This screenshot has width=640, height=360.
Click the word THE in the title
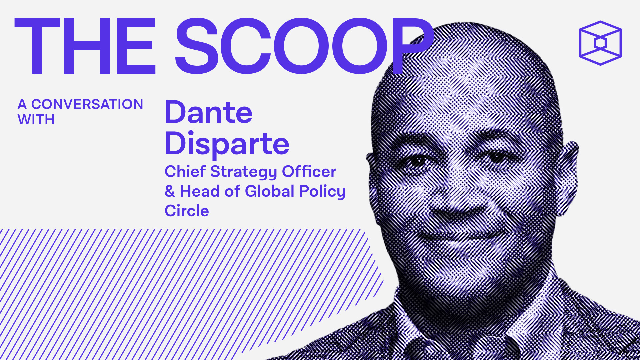click(85, 46)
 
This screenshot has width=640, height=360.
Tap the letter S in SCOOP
click(197, 46)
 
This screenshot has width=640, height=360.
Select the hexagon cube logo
click(600, 43)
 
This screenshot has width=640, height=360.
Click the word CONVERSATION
click(87, 104)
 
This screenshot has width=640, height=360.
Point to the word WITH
click(36, 120)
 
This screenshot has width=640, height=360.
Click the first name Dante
click(208, 112)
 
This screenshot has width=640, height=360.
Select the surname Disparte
click(227, 144)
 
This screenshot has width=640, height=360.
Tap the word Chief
click(185, 172)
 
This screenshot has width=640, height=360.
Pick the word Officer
click(309, 172)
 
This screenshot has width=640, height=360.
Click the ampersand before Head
click(170, 191)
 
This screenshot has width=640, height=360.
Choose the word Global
click(270, 191)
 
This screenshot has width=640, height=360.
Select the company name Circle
click(187, 211)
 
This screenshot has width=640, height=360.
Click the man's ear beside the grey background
click(568, 173)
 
